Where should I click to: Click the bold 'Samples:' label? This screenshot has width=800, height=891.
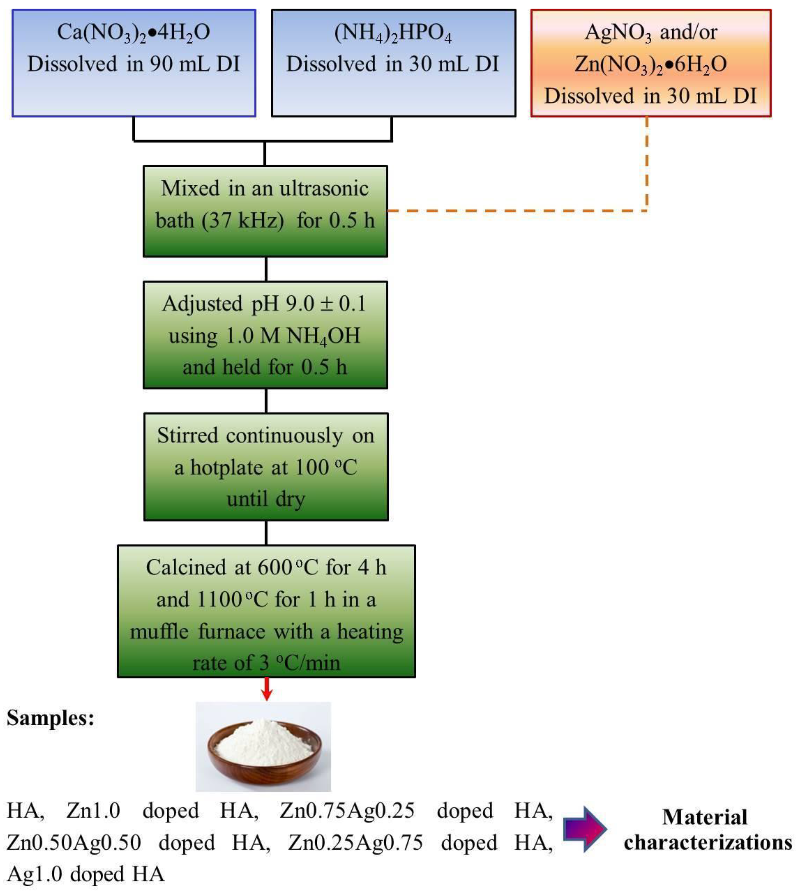click(51, 719)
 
